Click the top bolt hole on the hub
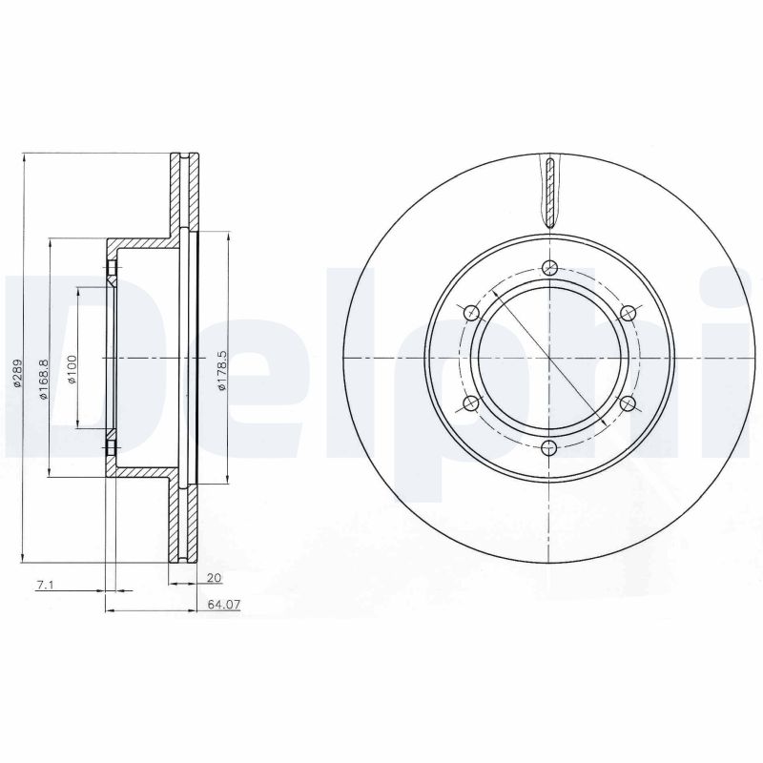[x=549, y=268]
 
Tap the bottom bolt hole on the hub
[x=549, y=448]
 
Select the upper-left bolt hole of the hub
[x=471, y=313]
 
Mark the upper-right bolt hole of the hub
[x=628, y=313]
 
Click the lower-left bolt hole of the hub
[x=471, y=403]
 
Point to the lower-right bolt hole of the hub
[x=628, y=403]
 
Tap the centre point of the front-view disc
[x=549, y=358]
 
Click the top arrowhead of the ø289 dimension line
[x=22, y=157]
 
